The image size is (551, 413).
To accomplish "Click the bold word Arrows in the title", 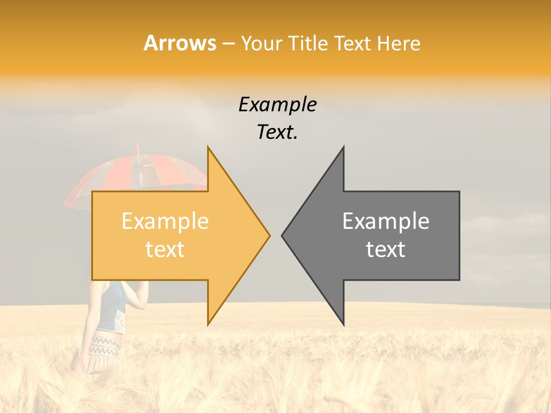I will coord(180,43).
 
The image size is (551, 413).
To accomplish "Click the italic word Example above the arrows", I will coord(277,104).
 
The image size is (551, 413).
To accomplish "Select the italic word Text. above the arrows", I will coord(277,132).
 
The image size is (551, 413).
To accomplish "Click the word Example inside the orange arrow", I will coord(165,221).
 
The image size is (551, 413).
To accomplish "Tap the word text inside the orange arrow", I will coord(165,249).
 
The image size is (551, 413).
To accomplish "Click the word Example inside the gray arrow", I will coord(386,221).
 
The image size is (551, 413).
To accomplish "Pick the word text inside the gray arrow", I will coord(386,249).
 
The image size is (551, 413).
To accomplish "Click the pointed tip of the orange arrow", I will coord(269,235).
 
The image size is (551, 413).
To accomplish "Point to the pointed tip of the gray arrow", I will coord(283,235).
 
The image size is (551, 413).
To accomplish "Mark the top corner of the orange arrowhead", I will coord(208,147).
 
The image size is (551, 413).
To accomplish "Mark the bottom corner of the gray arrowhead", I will coord(343,324).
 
